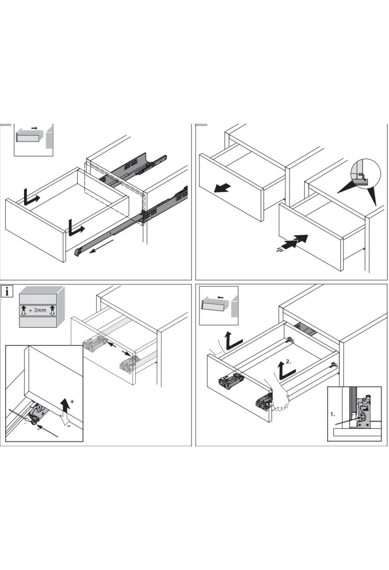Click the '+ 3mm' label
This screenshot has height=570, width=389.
coord(38,310)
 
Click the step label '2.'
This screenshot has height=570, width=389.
coord(288,362)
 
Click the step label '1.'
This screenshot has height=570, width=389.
coord(333,414)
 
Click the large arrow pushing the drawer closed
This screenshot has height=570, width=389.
coord(296,242)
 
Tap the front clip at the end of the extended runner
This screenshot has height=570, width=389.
coord(78,252)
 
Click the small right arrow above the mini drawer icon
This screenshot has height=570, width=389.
coord(34,128)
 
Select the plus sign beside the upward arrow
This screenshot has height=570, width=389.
coord(72,401)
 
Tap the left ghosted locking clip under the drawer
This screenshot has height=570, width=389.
coord(95,344)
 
